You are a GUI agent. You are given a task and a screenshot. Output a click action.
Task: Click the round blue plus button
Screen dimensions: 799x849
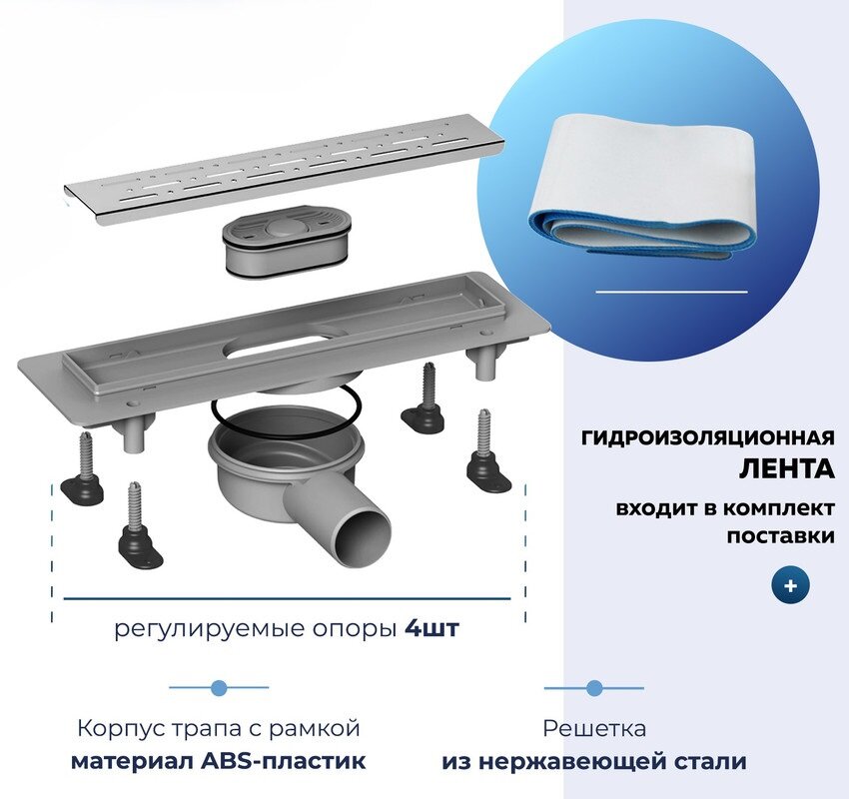[x=790, y=586]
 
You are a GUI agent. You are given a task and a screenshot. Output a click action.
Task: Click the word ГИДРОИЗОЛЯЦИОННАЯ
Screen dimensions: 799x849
[x=707, y=437]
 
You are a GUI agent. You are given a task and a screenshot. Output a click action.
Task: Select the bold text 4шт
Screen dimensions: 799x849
[x=432, y=629]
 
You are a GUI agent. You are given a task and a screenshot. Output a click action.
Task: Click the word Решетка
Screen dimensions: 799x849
[x=594, y=728]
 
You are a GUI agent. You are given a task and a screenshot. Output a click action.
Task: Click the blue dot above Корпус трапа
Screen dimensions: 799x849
[x=219, y=688]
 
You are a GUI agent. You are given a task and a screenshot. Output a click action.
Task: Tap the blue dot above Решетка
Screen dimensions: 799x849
[x=594, y=688]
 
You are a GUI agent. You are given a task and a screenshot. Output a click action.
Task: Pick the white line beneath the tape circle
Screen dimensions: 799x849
[x=671, y=292]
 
